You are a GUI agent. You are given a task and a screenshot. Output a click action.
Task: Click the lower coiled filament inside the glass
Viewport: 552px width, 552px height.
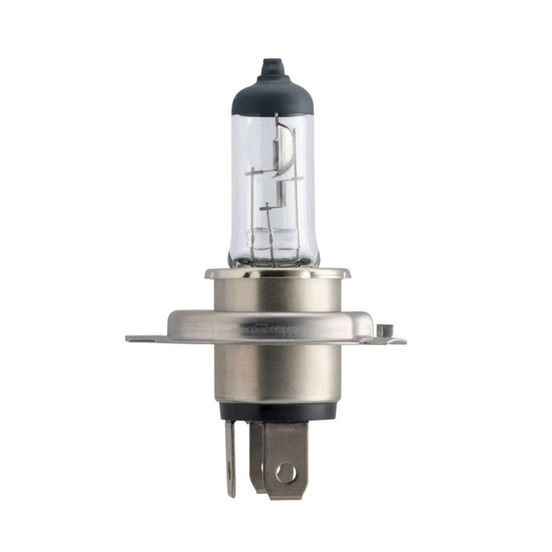pyautogui.click(x=281, y=192)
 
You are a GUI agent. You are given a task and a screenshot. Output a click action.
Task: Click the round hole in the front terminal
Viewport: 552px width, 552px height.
pyautogui.click(x=285, y=473)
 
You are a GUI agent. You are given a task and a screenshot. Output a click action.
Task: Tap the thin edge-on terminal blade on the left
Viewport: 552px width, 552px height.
pyautogui.click(x=230, y=459)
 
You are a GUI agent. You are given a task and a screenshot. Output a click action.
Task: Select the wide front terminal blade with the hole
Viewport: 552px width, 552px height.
pyautogui.click(x=285, y=459)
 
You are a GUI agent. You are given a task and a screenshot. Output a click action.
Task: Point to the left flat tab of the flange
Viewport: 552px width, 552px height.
pyautogui.click(x=145, y=338)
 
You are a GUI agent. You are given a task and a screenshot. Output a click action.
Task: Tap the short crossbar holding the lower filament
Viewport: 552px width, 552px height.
pyautogui.click(x=266, y=206)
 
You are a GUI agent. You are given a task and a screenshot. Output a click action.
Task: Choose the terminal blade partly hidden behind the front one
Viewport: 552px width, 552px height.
pyautogui.click(x=256, y=455)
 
